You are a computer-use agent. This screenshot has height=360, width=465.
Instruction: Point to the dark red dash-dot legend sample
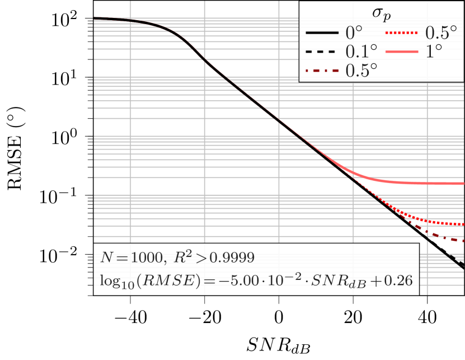323,71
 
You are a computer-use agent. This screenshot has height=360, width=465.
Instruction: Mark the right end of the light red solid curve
463,184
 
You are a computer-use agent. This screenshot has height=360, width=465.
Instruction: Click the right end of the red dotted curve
463,224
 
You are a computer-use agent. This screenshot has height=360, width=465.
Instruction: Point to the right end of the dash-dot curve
463,241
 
